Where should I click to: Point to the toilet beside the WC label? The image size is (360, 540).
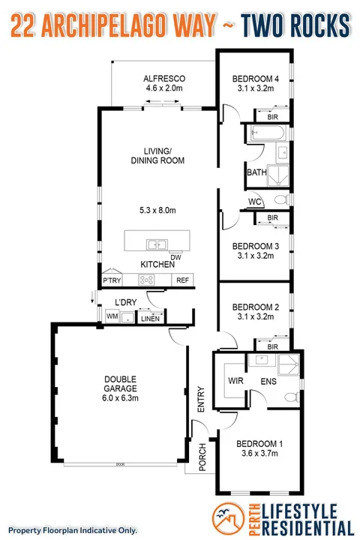click(279, 200)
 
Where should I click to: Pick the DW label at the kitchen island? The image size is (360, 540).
click(175, 257)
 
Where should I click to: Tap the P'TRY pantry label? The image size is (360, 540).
click(112, 280)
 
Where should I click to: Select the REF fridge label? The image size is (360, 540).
click(182, 280)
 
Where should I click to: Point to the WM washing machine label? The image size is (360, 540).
click(112, 317)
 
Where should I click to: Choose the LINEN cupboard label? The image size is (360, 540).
click(149, 318)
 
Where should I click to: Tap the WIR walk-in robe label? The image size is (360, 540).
click(235, 381)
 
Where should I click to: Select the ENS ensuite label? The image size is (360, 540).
click(268, 381)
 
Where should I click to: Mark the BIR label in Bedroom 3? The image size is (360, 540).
click(272, 218)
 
